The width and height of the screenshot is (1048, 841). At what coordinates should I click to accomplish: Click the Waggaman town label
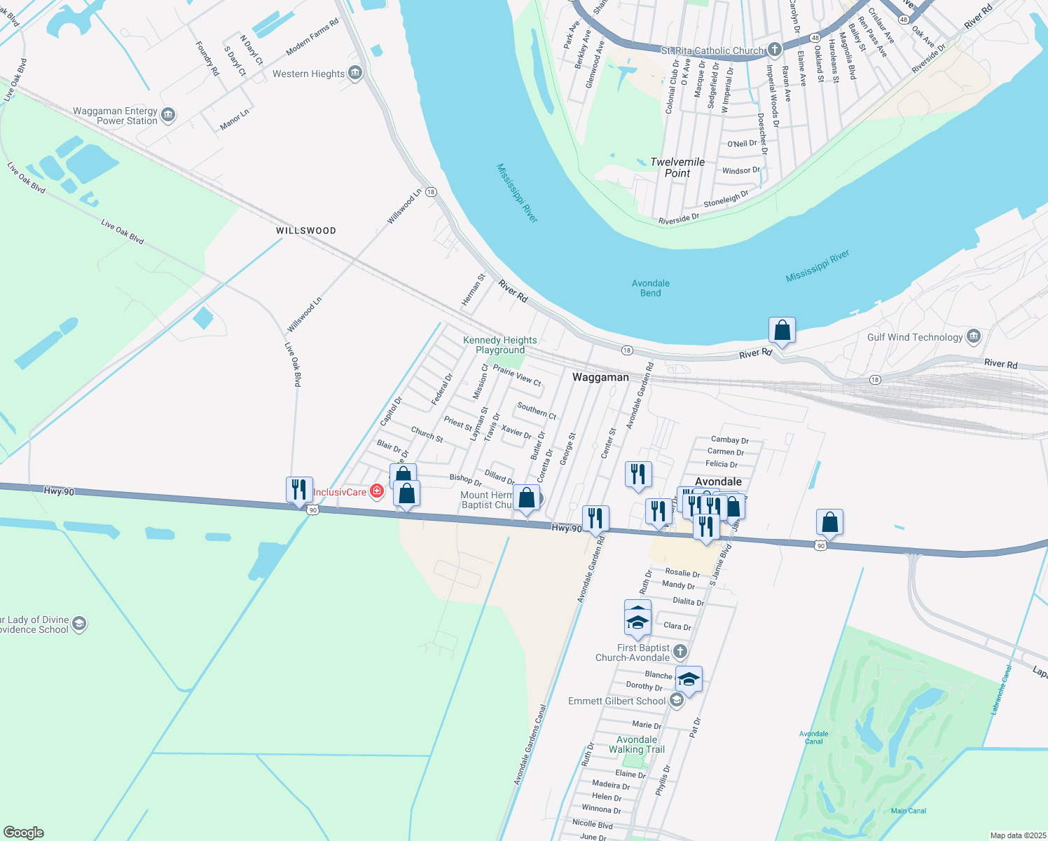pyautogui.click(x=600, y=377)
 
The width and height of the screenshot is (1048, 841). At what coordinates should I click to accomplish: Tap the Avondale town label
pyautogui.click(x=718, y=481)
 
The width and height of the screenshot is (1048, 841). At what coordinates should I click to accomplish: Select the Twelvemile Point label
pyautogui.click(x=677, y=167)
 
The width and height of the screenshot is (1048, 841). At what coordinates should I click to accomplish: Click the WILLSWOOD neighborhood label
pyautogui.click(x=305, y=231)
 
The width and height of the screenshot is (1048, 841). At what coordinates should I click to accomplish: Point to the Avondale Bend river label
pyautogui.click(x=650, y=288)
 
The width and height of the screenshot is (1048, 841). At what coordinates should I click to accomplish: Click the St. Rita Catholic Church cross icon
pyautogui.click(x=774, y=50)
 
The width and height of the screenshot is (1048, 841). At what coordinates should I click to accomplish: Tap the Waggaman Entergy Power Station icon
pyautogui.click(x=168, y=116)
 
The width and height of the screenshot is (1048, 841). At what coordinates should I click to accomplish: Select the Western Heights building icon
pyautogui.click(x=355, y=73)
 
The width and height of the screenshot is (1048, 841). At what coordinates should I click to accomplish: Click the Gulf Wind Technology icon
pyautogui.click(x=974, y=337)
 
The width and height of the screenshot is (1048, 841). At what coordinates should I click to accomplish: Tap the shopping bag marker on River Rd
pyautogui.click(x=782, y=330)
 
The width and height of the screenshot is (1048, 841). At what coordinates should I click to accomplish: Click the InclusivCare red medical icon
pyautogui.click(x=377, y=491)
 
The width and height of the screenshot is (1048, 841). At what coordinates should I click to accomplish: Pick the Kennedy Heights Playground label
pyautogui.click(x=500, y=345)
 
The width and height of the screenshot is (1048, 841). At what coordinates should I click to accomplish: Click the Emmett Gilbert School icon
pyautogui.click(x=676, y=701)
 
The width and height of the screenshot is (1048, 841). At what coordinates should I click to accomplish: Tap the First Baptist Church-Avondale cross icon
pyautogui.click(x=680, y=652)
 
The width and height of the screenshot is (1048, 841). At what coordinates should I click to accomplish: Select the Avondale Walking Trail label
pyautogui.click(x=636, y=744)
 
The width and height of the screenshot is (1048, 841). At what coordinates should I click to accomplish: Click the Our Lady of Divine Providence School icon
pyautogui.click(x=79, y=624)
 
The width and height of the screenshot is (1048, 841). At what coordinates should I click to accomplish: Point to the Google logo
pyautogui.click(x=23, y=833)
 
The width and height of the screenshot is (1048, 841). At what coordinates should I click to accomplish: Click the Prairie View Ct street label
pyautogui.click(x=517, y=375)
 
